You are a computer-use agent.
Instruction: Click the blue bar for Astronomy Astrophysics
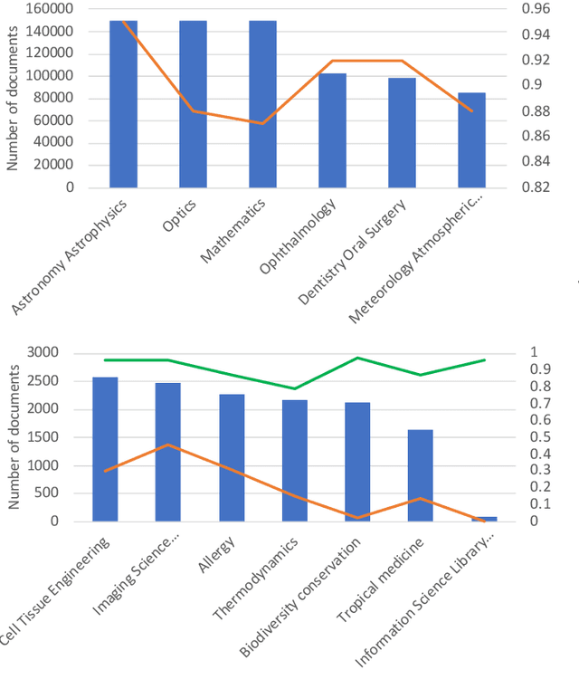pos(123,104)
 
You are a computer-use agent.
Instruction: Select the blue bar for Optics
pos(193,104)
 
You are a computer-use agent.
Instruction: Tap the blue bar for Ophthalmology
pos(332,130)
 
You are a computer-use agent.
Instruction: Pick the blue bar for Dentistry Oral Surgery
pos(402,132)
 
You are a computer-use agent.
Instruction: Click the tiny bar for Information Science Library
pos(484,519)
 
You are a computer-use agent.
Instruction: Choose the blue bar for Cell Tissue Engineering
pos(105,449)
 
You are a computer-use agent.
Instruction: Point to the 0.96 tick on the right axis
pos(536,9)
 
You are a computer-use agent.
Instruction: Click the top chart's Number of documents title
pos(14,98)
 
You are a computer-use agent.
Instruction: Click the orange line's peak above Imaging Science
pos(167,445)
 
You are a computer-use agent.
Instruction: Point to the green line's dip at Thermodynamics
pos(294,388)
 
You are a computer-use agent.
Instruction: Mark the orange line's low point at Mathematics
pos(262,123)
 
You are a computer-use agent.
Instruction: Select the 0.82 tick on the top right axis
pos(536,187)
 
